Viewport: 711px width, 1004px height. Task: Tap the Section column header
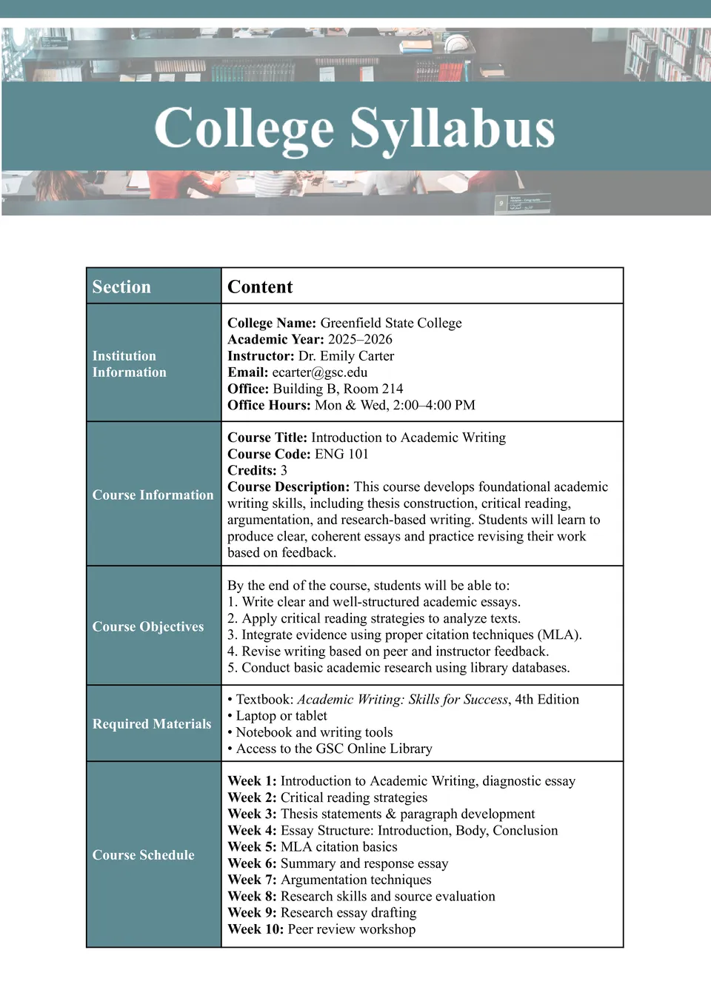(x=121, y=287)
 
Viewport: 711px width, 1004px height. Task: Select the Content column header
(x=260, y=287)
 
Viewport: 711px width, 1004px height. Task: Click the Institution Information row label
(x=129, y=364)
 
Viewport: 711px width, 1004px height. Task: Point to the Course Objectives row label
(x=148, y=626)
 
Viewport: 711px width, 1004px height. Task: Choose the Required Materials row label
(x=152, y=723)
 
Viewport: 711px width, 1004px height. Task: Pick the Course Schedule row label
(x=144, y=854)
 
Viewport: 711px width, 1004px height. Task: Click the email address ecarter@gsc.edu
(x=319, y=372)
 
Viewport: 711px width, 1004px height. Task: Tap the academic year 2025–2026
(x=360, y=339)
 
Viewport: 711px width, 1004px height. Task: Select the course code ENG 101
(x=341, y=454)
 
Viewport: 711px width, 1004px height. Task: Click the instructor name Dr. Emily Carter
(x=346, y=355)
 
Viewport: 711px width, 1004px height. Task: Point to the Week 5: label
(x=252, y=846)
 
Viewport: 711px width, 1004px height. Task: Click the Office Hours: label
(x=269, y=405)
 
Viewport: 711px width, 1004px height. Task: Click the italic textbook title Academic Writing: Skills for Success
(x=402, y=699)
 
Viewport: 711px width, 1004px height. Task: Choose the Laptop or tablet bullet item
(x=281, y=715)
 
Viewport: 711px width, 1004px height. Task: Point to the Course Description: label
(x=288, y=486)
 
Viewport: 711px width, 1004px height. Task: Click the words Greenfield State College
(x=390, y=323)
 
